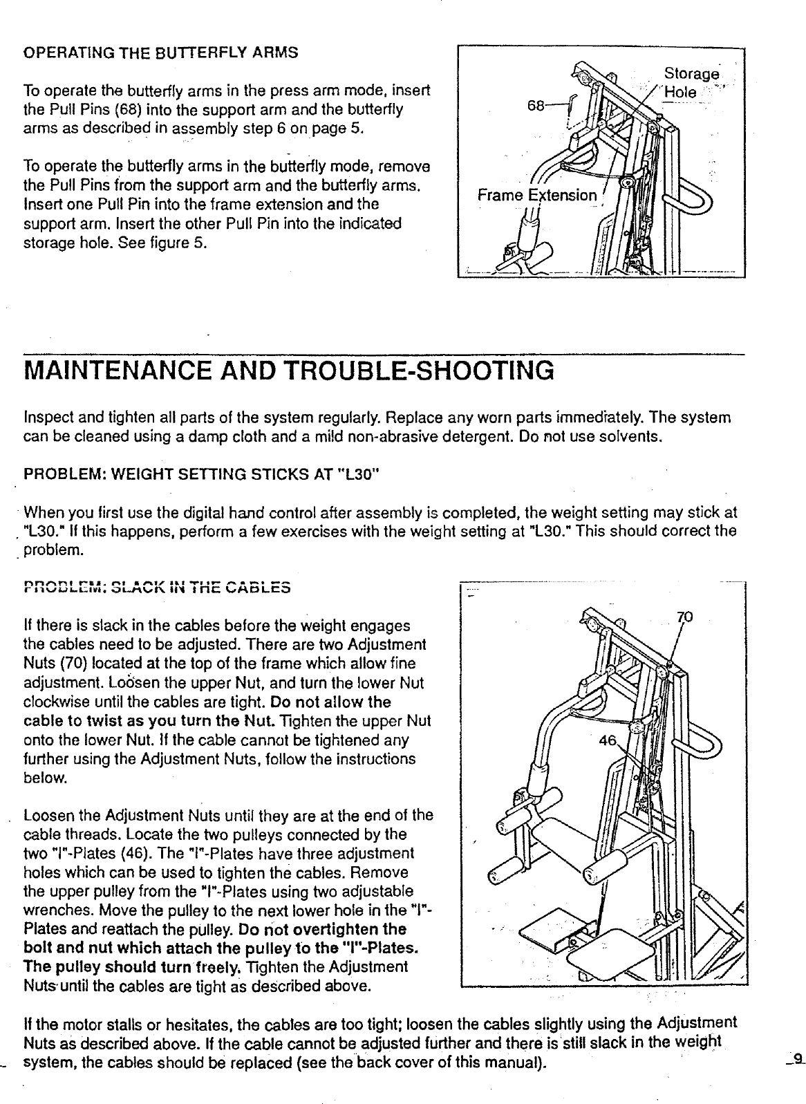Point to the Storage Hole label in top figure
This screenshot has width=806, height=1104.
(x=690, y=82)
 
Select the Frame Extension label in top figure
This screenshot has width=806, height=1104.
(x=537, y=195)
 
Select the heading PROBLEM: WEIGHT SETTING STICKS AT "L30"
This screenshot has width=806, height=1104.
(x=201, y=476)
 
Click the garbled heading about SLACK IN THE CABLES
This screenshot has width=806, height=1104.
(x=157, y=589)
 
